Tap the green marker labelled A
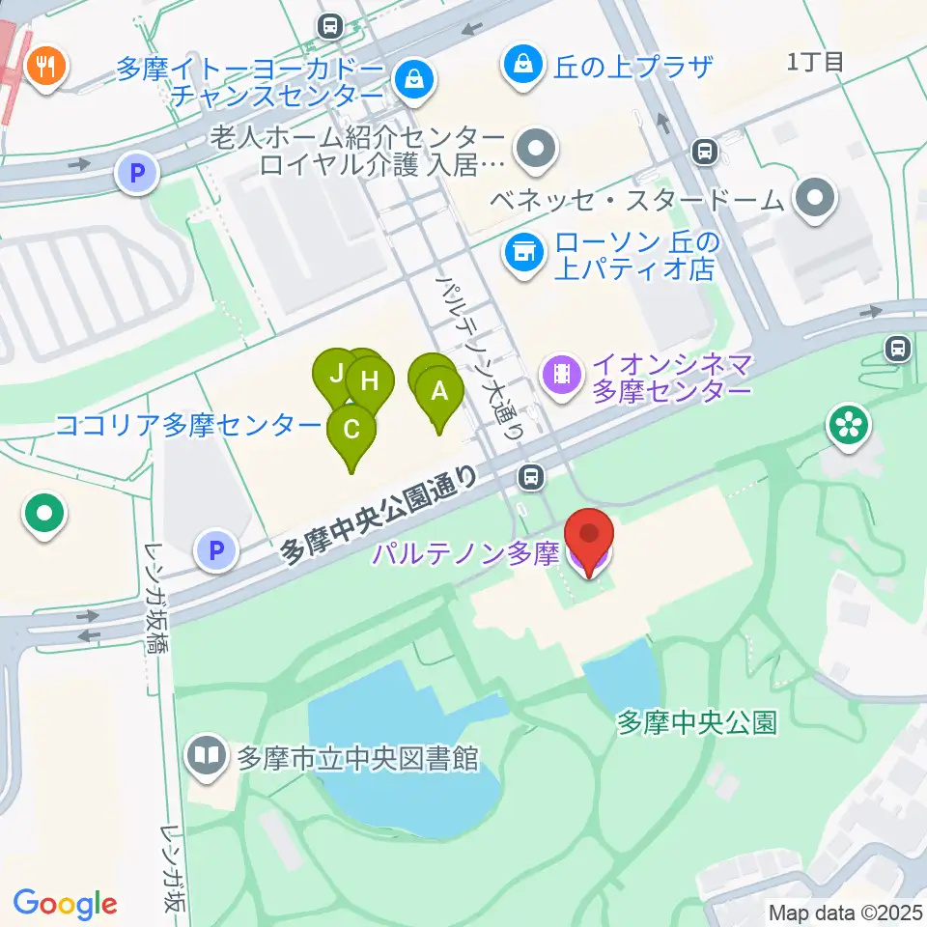coord(440,392)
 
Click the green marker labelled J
coord(336,372)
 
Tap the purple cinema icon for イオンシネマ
coord(562,372)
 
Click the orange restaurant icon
coord(44,67)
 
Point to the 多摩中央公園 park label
coord(697,722)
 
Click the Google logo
coord(66,904)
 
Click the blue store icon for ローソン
coord(523,253)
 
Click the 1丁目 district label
coord(815,63)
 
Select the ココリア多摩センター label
coord(188,426)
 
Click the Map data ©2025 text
coord(846,912)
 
